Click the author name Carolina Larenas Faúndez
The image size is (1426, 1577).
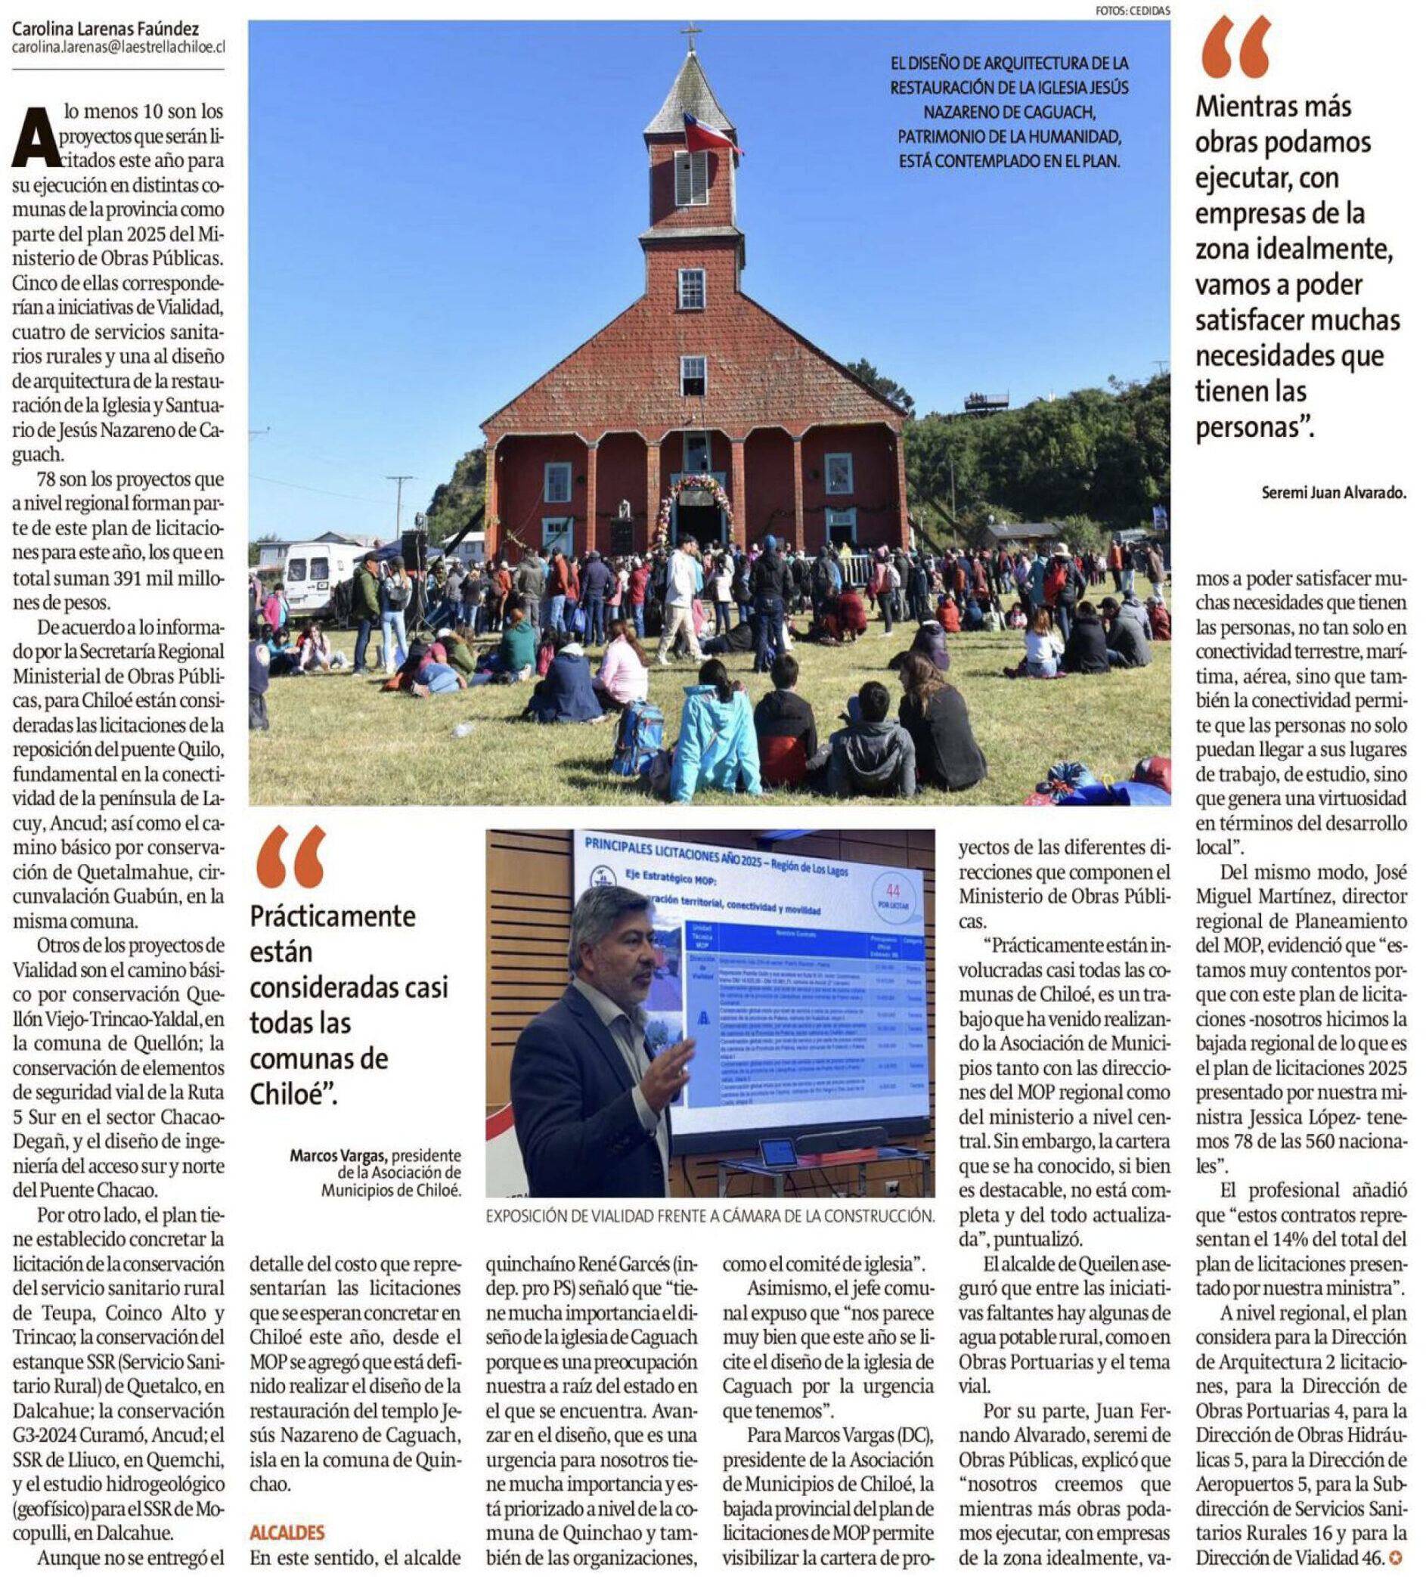(x=106, y=30)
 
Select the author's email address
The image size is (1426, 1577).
(x=118, y=48)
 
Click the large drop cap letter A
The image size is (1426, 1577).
(x=35, y=138)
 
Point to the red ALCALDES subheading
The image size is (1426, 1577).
(x=287, y=1532)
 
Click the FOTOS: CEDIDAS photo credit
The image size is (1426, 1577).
(x=1133, y=11)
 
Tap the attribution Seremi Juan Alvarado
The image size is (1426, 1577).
(x=1334, y=493)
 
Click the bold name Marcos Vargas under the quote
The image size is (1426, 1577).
(x=338, y=1155)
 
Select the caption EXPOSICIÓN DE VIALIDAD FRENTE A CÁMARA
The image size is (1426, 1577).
(x=709, y=1216)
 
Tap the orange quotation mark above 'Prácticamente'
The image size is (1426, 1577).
(x=291, y=857)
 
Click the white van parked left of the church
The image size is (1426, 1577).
(x=316, y=576)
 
